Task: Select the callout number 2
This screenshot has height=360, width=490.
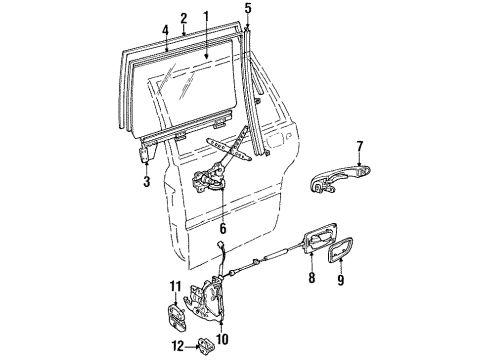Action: pos(183,18)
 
